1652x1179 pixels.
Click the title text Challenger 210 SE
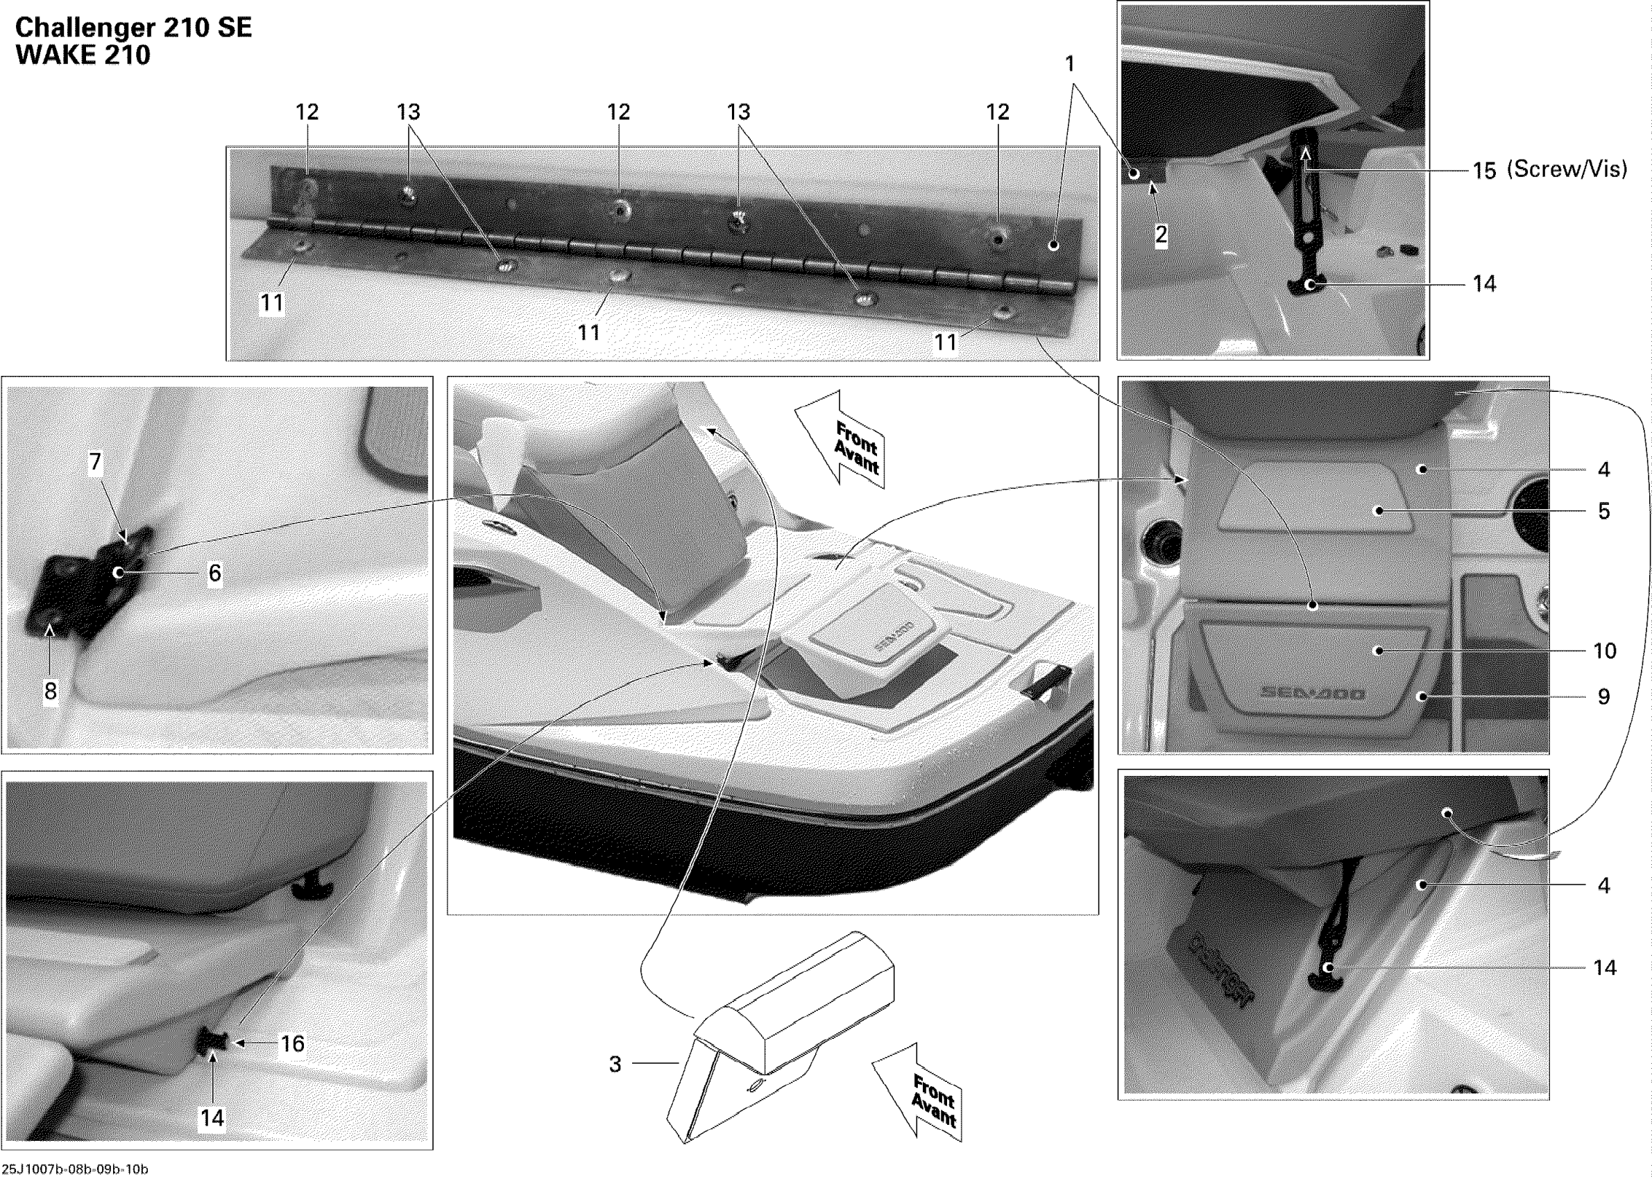134,28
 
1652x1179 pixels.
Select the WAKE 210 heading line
83,55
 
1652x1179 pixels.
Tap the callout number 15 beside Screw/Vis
1484,171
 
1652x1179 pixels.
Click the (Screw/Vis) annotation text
1567,169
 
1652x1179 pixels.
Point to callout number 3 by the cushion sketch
615,1065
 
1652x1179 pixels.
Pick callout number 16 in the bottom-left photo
293,1044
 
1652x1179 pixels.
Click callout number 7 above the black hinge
95,463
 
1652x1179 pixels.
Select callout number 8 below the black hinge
50,691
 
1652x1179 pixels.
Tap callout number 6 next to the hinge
215,574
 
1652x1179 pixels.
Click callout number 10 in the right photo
1605,651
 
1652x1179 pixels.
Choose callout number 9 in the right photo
1604,697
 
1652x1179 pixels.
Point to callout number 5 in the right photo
1604,511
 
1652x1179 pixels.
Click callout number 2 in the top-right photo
1161,234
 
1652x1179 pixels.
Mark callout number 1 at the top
1069,64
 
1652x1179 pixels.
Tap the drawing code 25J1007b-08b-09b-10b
75,1169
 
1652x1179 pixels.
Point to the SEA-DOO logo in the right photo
1312,694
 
